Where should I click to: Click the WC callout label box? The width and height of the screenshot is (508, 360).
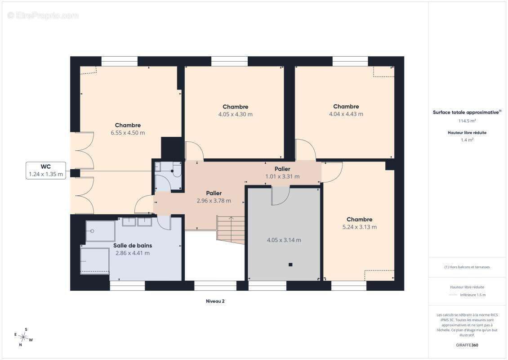click(x=46, y=170)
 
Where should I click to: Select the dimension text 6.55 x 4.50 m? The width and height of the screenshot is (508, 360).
click(x=128, y=133)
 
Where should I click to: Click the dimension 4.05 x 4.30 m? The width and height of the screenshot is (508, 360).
click(x=235, y=114)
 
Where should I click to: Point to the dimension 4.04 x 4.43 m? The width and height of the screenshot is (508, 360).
click(x=346, y=114)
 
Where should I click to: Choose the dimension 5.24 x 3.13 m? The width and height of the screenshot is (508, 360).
click(x=359, y=227)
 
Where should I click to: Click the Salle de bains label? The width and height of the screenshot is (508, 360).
click(x=133, y=246)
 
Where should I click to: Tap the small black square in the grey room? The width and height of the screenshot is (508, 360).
click(x=290, y=265)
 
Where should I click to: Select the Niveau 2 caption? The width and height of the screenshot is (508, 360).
click(x=215, y=301)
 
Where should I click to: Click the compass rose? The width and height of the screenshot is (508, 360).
click(x=23, y=337)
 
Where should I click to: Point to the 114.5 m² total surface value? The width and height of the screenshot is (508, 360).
click(x=467, y=121)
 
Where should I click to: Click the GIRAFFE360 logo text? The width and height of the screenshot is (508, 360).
click(x=467, y=345)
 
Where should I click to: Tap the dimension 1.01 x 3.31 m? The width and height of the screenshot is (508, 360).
click(x=282, y=176)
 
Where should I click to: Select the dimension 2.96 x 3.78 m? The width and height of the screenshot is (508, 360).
click(x=214, y=201)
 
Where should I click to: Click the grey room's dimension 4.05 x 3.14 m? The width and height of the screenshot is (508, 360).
click(x=284, y=240)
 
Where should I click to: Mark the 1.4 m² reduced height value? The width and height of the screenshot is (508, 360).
click(x=467, y=140)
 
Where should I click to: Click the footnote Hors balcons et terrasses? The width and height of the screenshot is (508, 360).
click(x=467, y=267)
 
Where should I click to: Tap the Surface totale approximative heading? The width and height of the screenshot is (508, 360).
click(x=467, y=112)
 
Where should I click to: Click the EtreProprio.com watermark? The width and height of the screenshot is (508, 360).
click(x=43, y=15)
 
